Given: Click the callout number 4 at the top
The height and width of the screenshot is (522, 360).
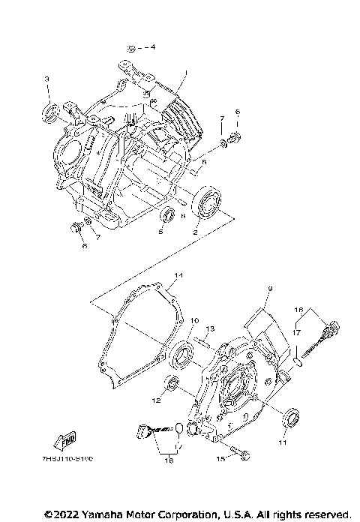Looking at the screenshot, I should click(153, 47).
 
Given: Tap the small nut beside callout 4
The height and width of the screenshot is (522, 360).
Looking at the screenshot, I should click(131, 47).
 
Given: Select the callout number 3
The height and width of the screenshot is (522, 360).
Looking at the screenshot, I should click(46, 79).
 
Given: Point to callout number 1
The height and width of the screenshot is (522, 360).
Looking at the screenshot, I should click(184, 73).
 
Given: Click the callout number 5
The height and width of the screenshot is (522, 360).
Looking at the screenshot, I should click(160, 232).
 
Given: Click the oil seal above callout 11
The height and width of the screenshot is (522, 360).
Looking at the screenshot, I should click(289, 417).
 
